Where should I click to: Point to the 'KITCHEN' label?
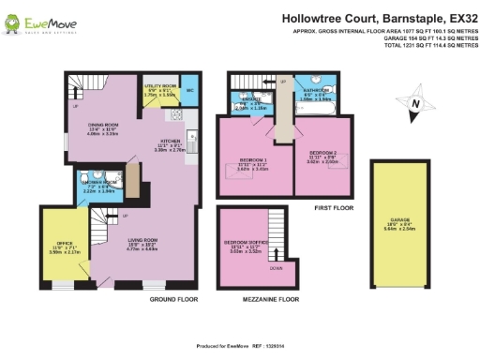(170, 141)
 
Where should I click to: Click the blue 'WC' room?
(189, 91)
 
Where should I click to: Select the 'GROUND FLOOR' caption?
(173, 300)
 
